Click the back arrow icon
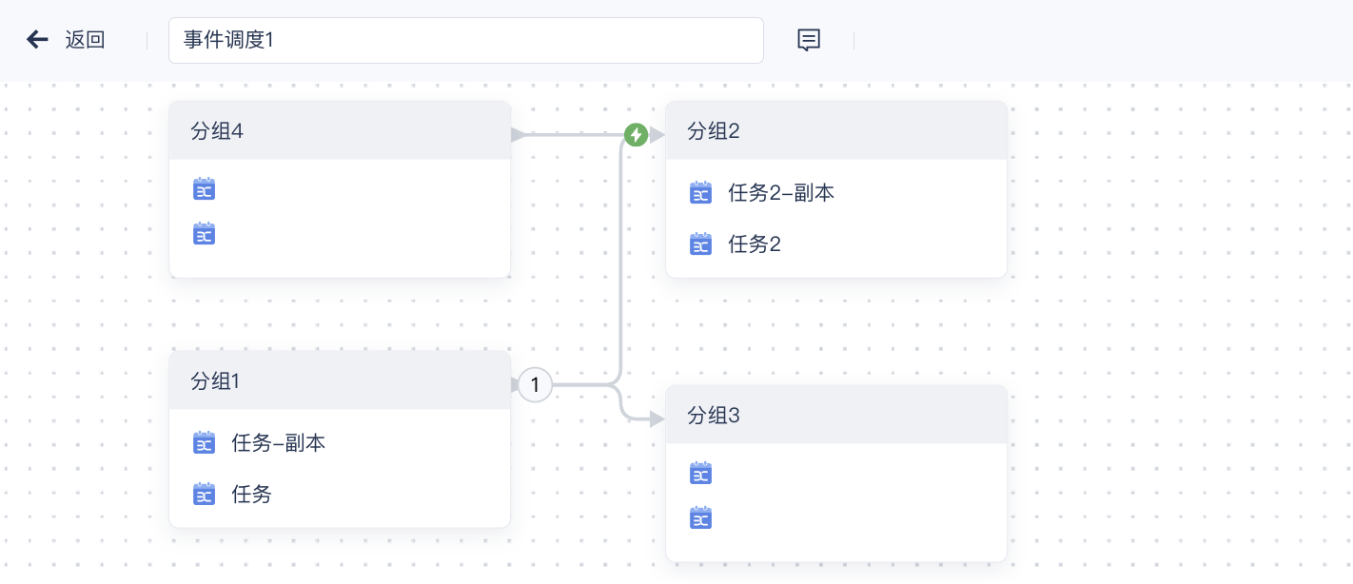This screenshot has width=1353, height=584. [37, 39]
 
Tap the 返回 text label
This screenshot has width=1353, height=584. [85, 40]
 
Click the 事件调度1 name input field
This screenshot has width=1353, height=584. [465, 40]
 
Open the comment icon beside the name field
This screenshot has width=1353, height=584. [808, 40]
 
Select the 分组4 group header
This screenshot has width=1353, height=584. [340, 131]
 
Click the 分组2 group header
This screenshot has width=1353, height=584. [836, 131]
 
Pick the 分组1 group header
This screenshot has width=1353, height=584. [340, 381]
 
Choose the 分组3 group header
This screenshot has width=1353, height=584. [836, 416]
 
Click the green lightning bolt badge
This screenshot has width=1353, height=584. [636, 135]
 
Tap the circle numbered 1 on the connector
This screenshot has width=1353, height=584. [535, 385]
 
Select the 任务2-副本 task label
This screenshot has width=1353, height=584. [781, 193]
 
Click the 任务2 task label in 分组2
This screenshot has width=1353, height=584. [755, 244]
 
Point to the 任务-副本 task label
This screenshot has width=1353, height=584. [278, 442]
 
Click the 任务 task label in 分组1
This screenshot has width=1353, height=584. [251, 494]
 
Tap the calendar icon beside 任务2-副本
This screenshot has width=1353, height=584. [700, 193]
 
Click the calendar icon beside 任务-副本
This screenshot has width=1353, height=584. [204, 442]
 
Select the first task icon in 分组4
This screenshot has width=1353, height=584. [204, 189]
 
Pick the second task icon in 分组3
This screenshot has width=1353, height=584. [700, 518]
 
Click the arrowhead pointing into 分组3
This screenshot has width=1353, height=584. [657, 419]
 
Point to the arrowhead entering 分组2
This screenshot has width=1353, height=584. [657, 135]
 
